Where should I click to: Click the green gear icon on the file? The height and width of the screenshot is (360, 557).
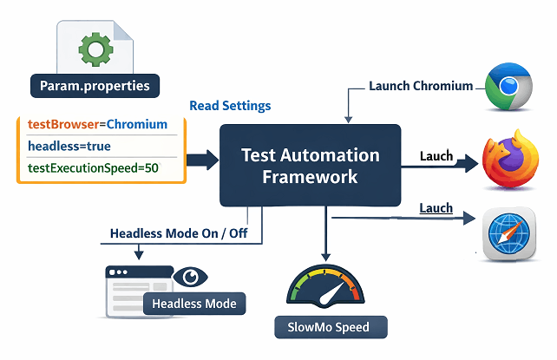tap(95, 49)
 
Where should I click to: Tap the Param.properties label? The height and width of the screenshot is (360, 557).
tap(95, 86)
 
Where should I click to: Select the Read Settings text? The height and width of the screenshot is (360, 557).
tap(230, 106)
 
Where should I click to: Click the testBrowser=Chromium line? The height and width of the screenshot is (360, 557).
tap(98, 124)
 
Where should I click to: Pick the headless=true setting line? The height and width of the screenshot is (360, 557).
tap(69, 146)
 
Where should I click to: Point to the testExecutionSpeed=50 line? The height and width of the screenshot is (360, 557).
tap(93, 167)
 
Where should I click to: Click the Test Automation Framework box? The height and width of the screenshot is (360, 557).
tap(310, 166)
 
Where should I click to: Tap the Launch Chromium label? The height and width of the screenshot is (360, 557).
tap(421, 86)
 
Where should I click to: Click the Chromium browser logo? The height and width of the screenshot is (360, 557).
tap(509, 86)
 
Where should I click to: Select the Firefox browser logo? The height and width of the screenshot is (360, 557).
tap(510, 159)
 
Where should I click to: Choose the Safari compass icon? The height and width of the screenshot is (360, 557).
tap(508, 234)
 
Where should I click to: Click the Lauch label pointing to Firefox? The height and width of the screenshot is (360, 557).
tap(436, 156)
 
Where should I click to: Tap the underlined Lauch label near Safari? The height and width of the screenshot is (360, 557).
tap(436, 208)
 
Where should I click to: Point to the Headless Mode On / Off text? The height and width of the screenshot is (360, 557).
tap(179, 233)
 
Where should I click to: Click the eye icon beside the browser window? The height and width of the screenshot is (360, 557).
tap(190, 277)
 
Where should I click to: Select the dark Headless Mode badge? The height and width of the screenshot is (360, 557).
tap(194, 304)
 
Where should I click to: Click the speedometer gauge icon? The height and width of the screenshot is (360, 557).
tap(325, 286)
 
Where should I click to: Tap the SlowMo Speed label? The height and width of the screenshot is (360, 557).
tap(331, 327)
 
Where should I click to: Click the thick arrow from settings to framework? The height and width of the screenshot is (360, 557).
tap(202, 160)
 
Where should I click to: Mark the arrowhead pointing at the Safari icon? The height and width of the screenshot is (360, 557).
tap(469, 218)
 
